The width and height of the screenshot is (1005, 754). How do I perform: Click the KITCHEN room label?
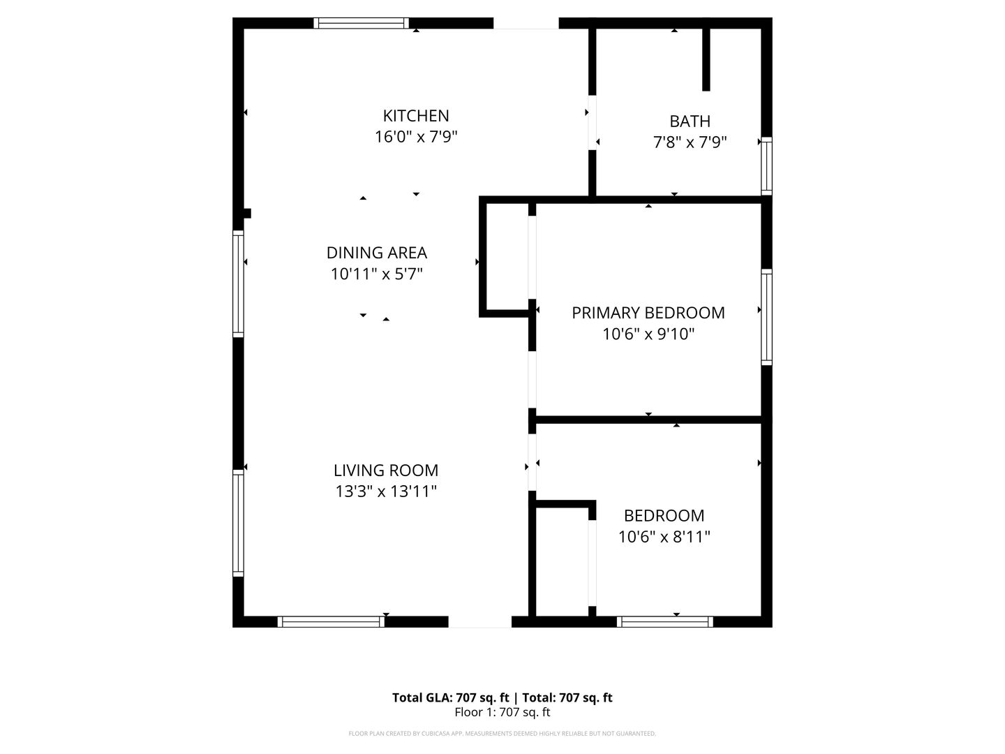416,115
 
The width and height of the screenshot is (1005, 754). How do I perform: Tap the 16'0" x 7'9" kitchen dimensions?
416,137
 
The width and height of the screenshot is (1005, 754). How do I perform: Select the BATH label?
690,121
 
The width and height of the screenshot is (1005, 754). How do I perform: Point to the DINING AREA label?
377,252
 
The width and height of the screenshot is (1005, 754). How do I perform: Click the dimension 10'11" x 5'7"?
377,274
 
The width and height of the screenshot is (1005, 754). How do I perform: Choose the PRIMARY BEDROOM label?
648,313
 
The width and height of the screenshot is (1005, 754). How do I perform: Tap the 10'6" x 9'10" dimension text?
648,334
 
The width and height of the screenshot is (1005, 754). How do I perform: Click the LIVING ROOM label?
386,470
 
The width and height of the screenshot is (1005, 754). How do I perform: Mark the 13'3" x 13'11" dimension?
386,491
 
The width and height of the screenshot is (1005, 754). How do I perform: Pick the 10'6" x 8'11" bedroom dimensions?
664,537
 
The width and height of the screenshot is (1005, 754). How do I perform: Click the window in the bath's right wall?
766,165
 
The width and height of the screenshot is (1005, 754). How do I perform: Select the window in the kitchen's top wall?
362,23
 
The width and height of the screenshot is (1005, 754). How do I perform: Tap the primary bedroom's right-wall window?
766,317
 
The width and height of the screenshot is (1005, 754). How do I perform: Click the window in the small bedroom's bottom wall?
665,621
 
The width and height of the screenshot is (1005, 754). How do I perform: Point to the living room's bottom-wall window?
331,621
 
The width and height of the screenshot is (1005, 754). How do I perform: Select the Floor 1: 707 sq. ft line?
502,713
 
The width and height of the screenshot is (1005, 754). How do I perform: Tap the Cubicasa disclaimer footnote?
502,734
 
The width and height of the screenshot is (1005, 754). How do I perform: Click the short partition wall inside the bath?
706,59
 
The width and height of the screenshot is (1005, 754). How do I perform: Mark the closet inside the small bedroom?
563,562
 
